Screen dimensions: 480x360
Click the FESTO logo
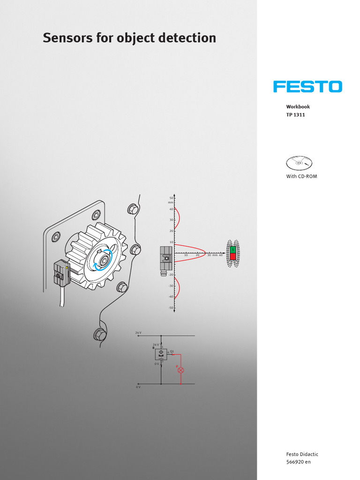point(308,87)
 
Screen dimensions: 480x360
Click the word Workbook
point(298,107)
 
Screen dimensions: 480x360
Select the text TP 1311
point(295,115)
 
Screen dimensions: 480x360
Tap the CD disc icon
point(299,163)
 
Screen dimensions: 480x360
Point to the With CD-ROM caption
point(301,176)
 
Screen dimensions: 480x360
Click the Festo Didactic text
point(302,454)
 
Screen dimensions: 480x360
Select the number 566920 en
point(298,462)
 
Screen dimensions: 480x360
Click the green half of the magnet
point(232,249)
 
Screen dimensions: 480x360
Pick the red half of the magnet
point(232,256)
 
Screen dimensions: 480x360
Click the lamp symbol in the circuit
point(181,370)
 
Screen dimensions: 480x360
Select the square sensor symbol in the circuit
point(161,354)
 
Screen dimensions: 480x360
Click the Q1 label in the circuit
point(172,350)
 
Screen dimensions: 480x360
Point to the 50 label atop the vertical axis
point(171,198)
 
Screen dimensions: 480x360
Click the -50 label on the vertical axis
point(171,307)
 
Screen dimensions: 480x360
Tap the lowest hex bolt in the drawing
point(99,334)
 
